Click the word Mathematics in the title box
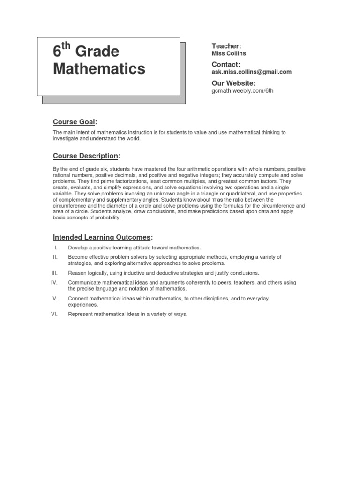[99, 69]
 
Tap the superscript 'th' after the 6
[66, 46]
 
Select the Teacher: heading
[226, 46]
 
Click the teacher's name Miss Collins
[229, 53]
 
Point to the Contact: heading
[226, 64]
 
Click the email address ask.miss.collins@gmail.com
[252, 72]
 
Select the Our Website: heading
[233, 83]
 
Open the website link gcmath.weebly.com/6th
[242, 90]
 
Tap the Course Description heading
[86, 156]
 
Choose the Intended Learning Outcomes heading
[102, 237]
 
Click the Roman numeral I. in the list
[55, 247]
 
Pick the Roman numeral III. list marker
[54, 273]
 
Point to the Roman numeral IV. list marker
[54, 283]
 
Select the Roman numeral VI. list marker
[54, 314]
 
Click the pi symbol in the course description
[214, 200]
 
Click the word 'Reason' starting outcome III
[77, 273]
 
